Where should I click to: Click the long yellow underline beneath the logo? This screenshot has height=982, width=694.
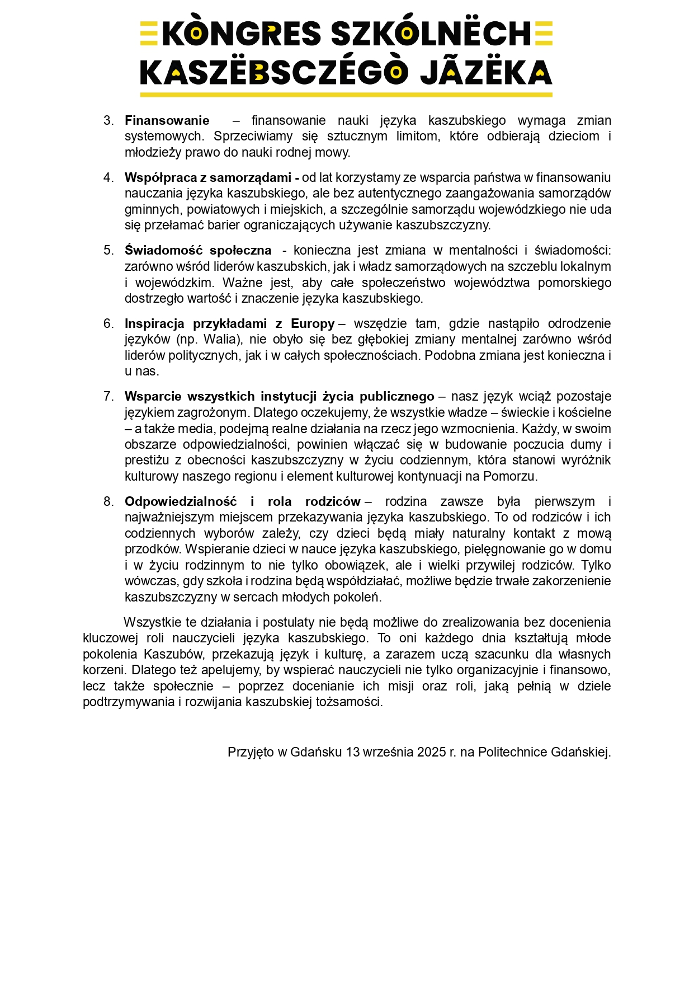click(x=346, y=95)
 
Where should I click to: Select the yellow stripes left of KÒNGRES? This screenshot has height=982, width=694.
click(x=149, y=34)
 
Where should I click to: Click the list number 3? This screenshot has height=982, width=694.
click(x=108, y=121)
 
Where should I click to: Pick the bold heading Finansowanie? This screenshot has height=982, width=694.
click(x=167, y=121)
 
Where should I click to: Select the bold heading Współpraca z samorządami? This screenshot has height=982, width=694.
click(x=211, y=178)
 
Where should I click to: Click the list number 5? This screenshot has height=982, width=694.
click(x=108, y=251)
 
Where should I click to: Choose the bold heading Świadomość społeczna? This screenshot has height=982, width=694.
click(x=198, y=251)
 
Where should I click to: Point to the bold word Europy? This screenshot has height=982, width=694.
click(x=313, y=324)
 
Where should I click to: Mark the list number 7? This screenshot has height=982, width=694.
click(x=108, y=397)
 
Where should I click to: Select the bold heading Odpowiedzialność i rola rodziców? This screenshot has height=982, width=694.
click(x=242, y=502)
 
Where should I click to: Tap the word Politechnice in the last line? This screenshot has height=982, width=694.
click(x=512, y=753)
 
